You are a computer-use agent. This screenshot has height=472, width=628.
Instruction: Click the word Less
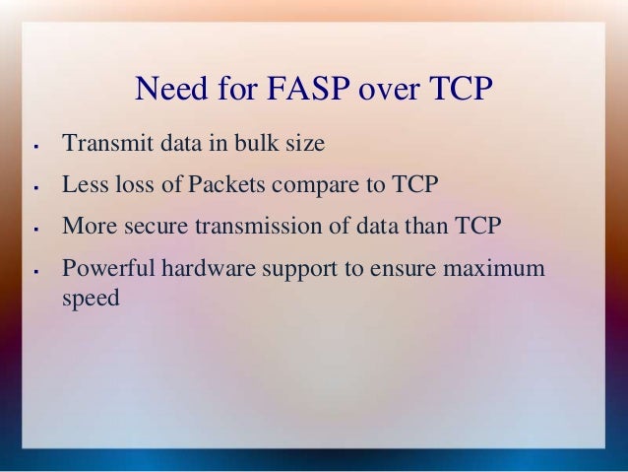point(82,184)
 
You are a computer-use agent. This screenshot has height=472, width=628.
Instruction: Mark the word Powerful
point(103,268)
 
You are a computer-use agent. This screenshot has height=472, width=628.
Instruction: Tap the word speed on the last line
point(91,298)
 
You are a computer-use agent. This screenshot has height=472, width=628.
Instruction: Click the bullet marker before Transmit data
point(33,147)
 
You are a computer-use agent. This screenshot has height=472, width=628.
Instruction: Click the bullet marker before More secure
point(33,229)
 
